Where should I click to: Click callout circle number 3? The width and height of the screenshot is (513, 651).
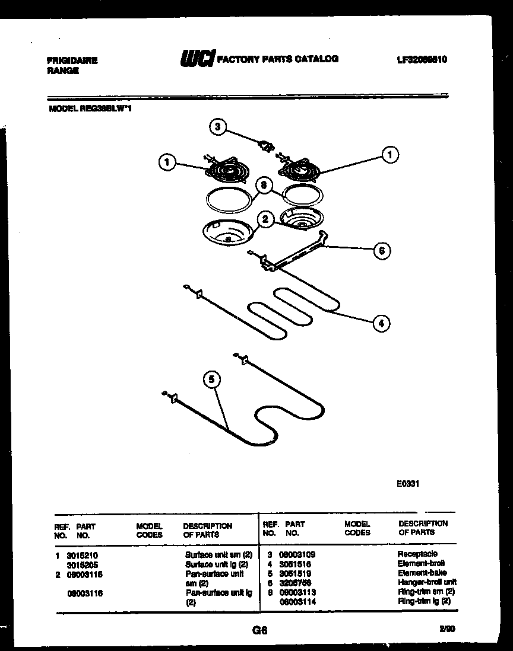[x=218, y=126]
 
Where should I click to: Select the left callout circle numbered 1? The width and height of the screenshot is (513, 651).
[x=168, y=161]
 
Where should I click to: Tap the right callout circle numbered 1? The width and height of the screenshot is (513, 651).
[x=389, y=155]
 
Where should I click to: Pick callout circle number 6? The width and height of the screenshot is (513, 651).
[x=382, y=251]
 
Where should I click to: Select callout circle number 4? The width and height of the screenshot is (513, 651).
[x=381, y=323]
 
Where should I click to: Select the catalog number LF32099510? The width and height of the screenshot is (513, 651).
[x=422, y=60]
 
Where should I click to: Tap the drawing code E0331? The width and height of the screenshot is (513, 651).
[x=408, y=483]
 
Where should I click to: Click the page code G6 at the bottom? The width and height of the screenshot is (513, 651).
[x=260, y=631]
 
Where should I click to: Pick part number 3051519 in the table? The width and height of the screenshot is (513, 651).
[x=295, y=573]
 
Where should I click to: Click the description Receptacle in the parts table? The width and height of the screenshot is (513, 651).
[x=417, y=554]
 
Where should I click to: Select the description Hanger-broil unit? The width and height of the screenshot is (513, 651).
[x=427, y=583]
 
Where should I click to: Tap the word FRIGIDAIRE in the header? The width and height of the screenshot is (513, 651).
[x=72, y=60]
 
